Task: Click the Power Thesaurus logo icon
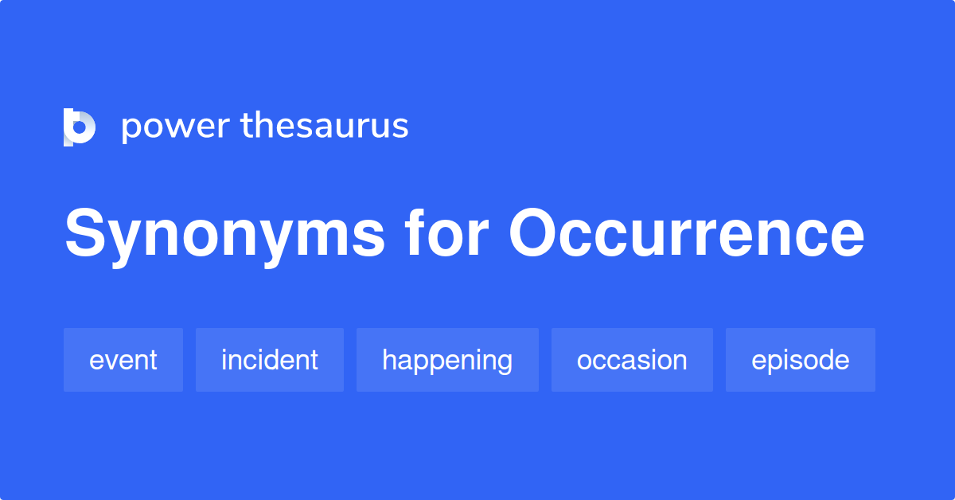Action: tap(80, 127)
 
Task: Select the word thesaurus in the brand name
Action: tap(325, 126)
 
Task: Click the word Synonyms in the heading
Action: tap(224, 236)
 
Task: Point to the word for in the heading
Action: tap(446, 234)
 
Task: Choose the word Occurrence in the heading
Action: tap(687, 234)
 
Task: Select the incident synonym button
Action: tap(270, 360)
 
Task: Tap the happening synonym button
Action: tap(447, 360)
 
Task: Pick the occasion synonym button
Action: tap(632, 360)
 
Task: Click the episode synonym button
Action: tap(800, 360)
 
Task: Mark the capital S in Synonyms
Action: tap(85, 234)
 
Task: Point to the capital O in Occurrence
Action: tap(534, 234)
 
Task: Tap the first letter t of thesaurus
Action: tap(245, 126)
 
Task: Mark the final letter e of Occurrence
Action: tap(847, 239)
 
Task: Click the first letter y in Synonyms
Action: tap(126, 242)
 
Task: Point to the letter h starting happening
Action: tap(389, 360)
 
